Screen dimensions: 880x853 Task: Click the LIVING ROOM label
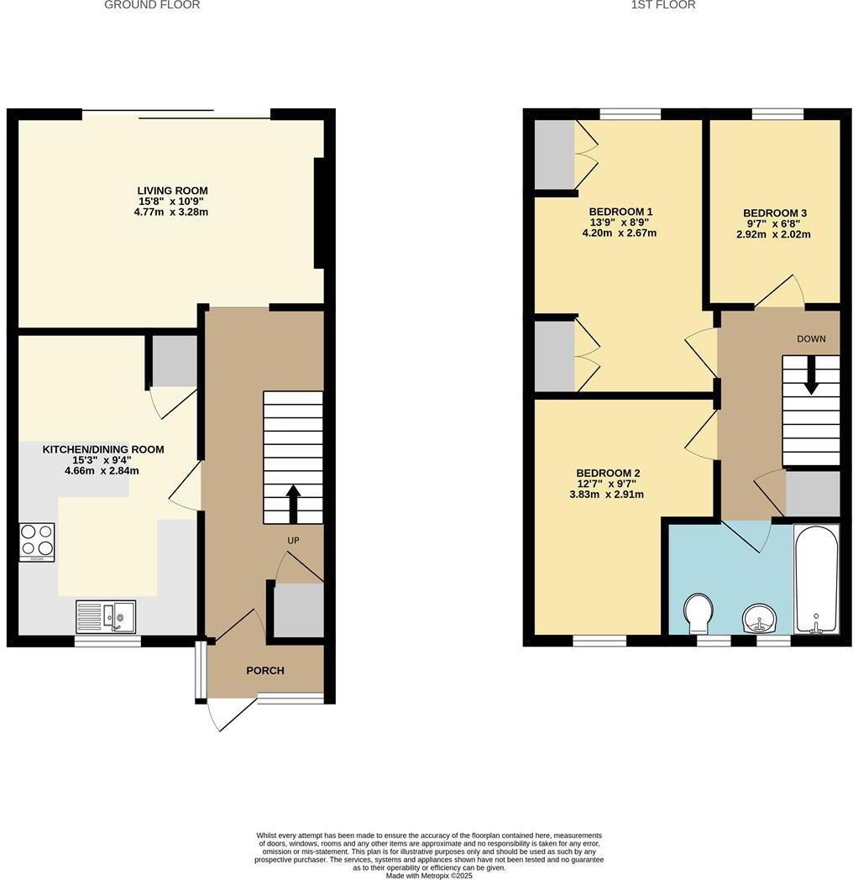tap(173, 191)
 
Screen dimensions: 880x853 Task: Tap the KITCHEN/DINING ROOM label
tap(103, 449)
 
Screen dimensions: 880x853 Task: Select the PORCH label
tap(264, 670)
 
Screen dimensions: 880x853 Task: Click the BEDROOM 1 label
tap(620, 212)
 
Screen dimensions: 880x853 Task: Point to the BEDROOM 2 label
tap(608, 473)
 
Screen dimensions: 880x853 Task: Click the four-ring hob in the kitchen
tap(37, 542)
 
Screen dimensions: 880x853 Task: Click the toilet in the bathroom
tap(697, 614)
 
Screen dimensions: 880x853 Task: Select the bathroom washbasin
tap(761, 620)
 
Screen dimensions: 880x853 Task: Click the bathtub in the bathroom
tap(816, 579)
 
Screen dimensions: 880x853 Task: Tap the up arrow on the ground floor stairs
tap(293, 502)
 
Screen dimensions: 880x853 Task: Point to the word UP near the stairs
tap(293, 541)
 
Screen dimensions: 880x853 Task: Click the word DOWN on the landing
tap(811, 339)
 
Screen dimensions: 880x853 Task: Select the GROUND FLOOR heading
tap(152, 5)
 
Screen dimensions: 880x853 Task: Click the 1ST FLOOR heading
tap(663, 5)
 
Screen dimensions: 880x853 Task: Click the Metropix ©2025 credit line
tap(429, 875)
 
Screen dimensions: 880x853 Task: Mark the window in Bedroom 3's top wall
tap(777, 114)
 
